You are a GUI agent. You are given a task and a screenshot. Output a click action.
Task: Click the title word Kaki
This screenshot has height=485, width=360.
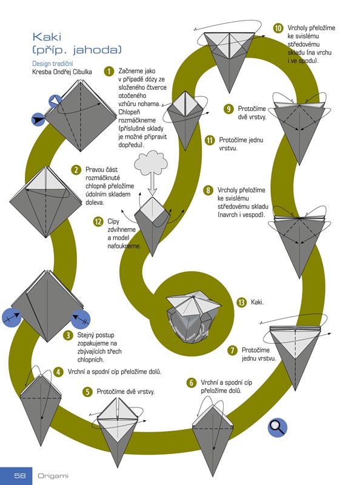(47, 37)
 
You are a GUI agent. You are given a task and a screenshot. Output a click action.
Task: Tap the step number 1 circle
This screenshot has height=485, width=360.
(109, 72)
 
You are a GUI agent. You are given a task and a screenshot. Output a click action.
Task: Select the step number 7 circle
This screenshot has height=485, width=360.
(232, 350)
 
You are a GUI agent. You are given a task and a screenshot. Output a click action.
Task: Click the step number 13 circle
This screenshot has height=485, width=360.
(242, 302)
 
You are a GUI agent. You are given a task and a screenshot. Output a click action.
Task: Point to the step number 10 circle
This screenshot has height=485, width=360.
(278, 28)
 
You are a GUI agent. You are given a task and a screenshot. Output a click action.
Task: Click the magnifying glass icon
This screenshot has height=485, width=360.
(278, 427)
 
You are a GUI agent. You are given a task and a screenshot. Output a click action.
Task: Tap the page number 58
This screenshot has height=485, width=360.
(20, 475)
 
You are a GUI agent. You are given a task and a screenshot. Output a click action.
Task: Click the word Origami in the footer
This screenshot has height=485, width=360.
(53, 476)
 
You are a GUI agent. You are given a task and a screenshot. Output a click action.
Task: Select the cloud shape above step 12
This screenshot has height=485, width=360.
(152, 162)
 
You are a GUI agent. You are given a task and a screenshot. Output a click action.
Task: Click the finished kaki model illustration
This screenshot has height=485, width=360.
(193, 318)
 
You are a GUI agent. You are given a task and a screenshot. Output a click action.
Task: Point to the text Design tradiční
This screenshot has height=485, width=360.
(53, 64)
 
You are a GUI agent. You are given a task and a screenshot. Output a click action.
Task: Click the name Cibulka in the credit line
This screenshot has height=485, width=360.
(82, 72)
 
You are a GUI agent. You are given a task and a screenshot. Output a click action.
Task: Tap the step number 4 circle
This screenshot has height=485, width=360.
(58, 372)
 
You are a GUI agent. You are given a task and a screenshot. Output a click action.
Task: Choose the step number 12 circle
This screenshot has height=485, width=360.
(98, 221)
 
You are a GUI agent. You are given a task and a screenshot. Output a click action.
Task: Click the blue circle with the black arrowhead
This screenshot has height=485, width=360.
(38, 119)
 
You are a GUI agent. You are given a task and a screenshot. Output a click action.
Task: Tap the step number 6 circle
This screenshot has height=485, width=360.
(192, 383)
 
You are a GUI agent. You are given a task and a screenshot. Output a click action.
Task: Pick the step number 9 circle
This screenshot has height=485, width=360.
(228, 109)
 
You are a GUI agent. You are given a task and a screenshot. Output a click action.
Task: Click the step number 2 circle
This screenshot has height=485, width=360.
(76, 170)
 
